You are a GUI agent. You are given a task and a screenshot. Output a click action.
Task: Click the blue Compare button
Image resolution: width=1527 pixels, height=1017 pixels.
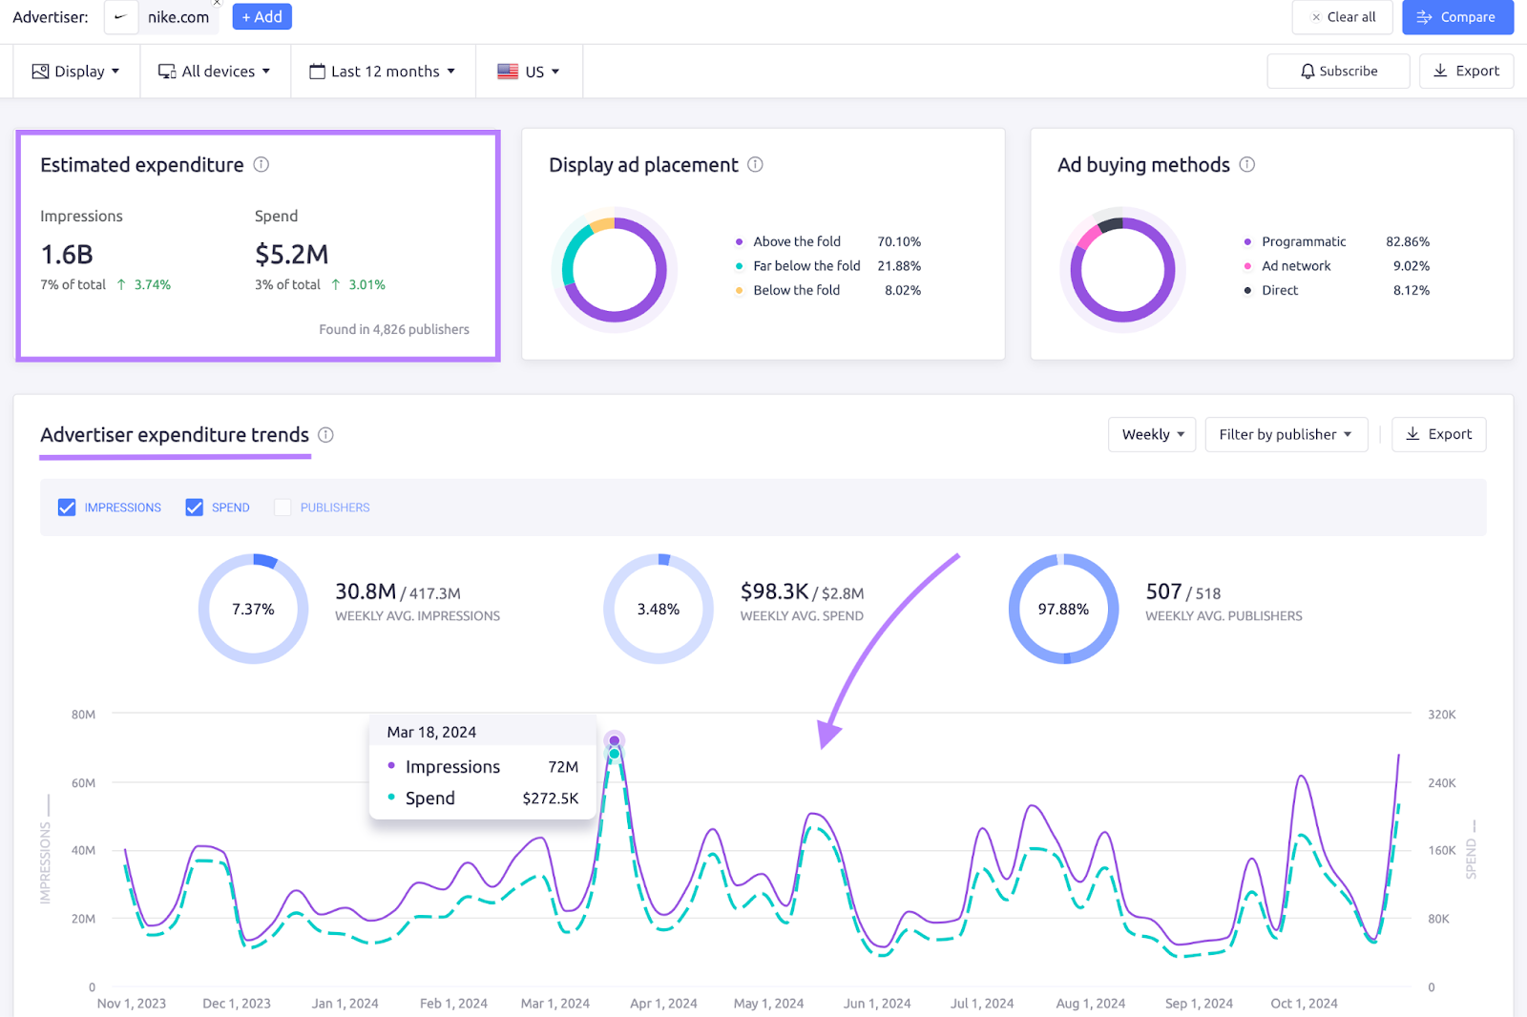(1457, 17)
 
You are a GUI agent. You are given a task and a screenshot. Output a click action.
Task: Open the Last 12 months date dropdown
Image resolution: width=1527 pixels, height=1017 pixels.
(383, 72)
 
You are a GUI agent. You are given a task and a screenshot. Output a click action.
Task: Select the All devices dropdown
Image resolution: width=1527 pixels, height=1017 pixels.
(215, 72)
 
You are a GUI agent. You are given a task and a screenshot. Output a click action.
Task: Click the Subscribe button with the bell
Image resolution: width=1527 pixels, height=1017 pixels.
(1338, 72)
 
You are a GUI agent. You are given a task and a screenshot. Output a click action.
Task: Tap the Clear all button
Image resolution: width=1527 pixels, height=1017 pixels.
(1342, 17)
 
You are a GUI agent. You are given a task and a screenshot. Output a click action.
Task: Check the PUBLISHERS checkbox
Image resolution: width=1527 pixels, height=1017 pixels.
(282, 508)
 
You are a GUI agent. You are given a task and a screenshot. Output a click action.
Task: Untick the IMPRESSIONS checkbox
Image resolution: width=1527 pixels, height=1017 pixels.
(67, 508)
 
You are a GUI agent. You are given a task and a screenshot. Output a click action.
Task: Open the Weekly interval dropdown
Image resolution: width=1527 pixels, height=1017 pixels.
(1152, 435)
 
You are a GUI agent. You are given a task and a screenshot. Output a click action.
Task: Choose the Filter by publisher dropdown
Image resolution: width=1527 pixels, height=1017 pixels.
(1286, 435)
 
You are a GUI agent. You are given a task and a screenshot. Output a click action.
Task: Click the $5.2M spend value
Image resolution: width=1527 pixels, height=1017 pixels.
(291, 255)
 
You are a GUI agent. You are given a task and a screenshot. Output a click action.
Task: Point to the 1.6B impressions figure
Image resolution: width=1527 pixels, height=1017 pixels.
(67, 255)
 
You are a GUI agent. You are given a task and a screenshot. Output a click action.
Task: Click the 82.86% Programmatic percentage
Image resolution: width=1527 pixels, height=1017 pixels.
(1408, 242)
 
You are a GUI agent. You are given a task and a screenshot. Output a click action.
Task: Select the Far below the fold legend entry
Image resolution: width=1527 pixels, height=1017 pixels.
(806, 266)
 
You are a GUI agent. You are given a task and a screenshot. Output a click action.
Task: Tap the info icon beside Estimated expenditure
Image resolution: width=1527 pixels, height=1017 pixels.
(261, 165)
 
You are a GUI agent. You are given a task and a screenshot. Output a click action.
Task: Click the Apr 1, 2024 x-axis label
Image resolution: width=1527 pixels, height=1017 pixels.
(663, 1004)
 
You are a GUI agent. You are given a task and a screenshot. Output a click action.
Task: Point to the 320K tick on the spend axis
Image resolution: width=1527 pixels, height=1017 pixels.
(1441, 715)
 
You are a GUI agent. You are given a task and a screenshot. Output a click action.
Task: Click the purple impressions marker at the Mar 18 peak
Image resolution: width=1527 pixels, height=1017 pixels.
(615, 740)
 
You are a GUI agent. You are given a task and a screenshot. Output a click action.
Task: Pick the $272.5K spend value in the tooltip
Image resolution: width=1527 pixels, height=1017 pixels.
(550, 799)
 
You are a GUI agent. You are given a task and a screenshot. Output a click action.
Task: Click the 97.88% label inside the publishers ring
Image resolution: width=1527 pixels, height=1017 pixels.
(1063, 610)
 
